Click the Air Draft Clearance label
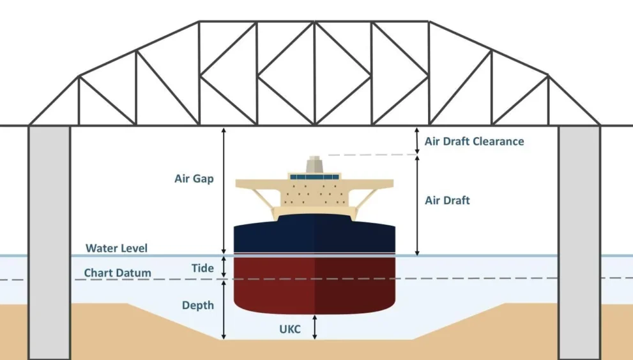(474, 141)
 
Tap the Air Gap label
(194, 178)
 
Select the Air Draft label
(447, 200)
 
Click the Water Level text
(116, 248)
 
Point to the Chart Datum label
(118, 273)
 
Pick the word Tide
(202, 268)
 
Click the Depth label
(198, 305)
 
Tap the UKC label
(290, 329)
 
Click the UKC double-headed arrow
(316, 327)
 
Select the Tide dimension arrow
(224, 267)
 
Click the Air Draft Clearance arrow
(418, 141)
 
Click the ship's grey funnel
(314, 165)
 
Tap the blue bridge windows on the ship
(314, 177)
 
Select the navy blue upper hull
(314, 234)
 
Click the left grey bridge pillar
(50, 243)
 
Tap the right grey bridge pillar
(579, 243)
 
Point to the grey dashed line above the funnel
(372, 154)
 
